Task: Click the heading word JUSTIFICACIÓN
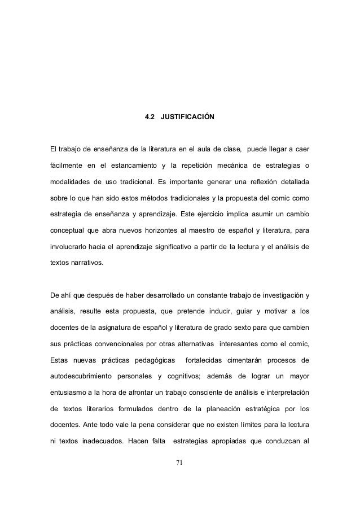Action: (x=187, y=117)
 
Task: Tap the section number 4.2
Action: (x=150, y=117)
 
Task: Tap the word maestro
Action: (x=229, y=230)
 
